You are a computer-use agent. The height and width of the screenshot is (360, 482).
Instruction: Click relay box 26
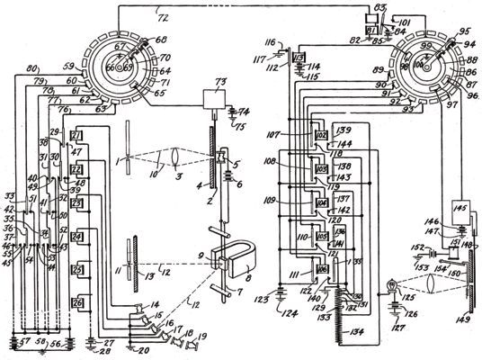[76, 302]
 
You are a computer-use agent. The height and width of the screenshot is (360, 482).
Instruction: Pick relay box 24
[76, 238]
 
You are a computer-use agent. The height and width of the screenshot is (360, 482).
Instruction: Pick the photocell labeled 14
[139, 310]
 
